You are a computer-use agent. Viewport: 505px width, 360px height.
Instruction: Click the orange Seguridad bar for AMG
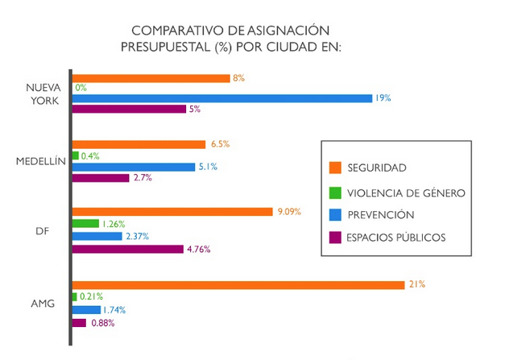238,284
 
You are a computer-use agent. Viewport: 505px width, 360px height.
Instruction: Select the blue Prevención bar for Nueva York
221,98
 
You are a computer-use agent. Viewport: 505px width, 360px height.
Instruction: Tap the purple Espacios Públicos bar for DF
128,249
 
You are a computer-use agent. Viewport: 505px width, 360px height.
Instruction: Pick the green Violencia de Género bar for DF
86,224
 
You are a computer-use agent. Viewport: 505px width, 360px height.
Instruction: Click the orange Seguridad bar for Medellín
139,145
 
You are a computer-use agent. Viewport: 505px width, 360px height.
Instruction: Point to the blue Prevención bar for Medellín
134,167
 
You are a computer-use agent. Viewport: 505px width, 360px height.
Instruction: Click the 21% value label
416,284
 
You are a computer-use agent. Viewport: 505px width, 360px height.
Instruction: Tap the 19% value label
383,98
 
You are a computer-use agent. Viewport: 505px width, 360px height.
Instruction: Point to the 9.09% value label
288,212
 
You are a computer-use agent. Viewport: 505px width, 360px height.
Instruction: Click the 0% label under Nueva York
81,88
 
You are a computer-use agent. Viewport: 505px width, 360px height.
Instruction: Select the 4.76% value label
198,249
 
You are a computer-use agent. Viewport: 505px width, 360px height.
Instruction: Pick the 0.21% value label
91,297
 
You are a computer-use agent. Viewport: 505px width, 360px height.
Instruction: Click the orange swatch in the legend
336,168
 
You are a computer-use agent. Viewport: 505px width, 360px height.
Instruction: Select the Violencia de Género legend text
406,192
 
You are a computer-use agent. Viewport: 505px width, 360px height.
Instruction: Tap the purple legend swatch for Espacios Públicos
336,238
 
